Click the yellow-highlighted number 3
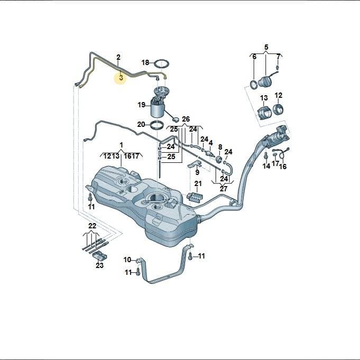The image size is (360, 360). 121,77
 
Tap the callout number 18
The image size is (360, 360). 145,62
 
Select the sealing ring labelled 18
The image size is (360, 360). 162,64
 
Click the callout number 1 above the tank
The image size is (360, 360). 121,145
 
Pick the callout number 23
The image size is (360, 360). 99,265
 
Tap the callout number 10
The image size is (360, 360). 127,260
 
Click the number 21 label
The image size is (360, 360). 198,183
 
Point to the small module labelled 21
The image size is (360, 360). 195,197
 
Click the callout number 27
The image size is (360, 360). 223,189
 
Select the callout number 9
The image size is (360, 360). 197,172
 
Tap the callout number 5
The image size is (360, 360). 266,47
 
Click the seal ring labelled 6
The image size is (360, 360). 254,85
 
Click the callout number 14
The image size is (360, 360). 266,166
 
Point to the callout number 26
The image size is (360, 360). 186,119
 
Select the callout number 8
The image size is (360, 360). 220,147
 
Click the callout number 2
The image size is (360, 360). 118,57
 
